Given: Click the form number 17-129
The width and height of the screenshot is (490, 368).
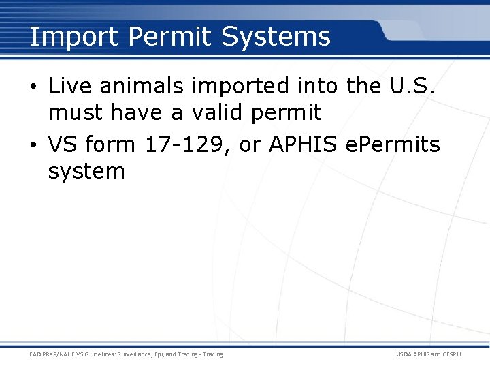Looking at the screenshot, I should pos(181,144).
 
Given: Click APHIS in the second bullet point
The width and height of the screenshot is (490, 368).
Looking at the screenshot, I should pos(299,144).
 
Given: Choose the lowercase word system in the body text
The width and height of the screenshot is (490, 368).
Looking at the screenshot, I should pos(86,170).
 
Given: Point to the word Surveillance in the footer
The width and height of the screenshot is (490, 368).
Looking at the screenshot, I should pos(124,354).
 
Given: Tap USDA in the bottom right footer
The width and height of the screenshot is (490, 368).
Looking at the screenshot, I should pos(405,354).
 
